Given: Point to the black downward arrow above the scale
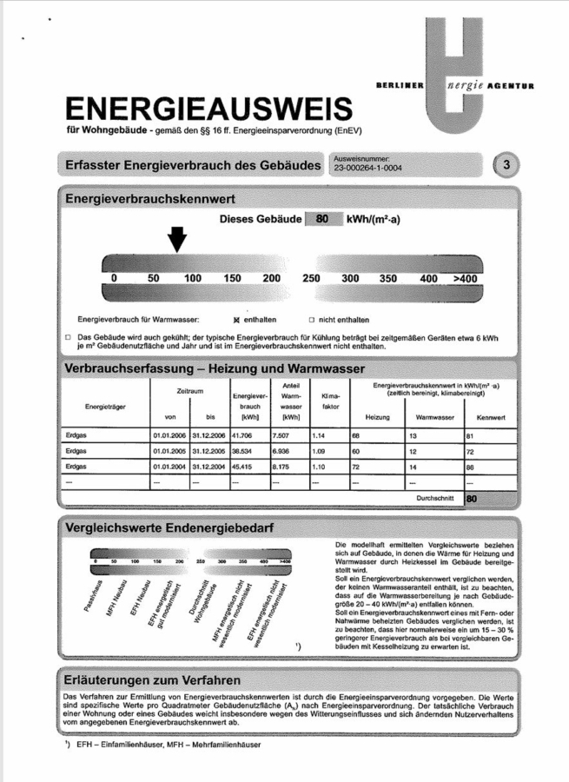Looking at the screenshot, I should [177, 237].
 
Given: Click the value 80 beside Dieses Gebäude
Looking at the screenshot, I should [321, 220].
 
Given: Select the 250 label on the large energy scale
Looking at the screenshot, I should [311, 278].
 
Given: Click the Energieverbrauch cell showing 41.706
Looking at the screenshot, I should [241, 434].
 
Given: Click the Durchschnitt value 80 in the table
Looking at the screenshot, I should [472, 500].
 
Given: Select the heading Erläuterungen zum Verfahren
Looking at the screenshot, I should [148, 679].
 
